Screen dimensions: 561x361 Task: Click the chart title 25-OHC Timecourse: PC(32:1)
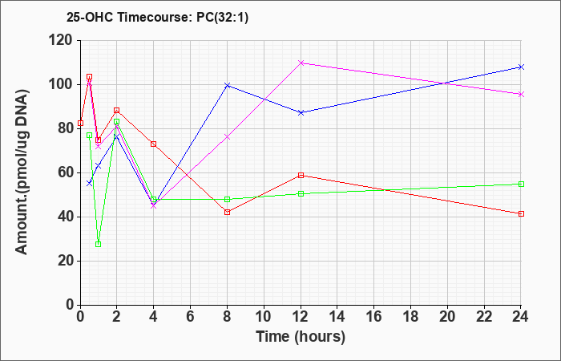157,18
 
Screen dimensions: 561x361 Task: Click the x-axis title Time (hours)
301,337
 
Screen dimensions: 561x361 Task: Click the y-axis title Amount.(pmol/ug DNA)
22,172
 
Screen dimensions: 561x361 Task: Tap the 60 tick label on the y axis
67,173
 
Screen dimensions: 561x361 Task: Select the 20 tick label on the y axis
67,261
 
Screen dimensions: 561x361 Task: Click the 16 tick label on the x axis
374,317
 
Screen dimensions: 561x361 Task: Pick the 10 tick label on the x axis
264,317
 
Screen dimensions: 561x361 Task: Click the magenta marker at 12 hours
301,63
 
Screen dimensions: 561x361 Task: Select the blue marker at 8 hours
227,85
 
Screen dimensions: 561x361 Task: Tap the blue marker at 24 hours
521,67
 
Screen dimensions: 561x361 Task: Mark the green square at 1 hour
99,244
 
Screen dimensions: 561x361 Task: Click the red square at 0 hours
80,124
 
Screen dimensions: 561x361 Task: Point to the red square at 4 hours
154,144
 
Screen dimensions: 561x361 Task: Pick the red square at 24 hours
521,214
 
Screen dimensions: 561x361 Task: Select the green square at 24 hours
521,184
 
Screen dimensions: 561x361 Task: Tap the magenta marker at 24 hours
521,95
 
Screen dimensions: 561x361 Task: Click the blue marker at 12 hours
301,113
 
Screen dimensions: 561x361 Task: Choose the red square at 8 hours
227,213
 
